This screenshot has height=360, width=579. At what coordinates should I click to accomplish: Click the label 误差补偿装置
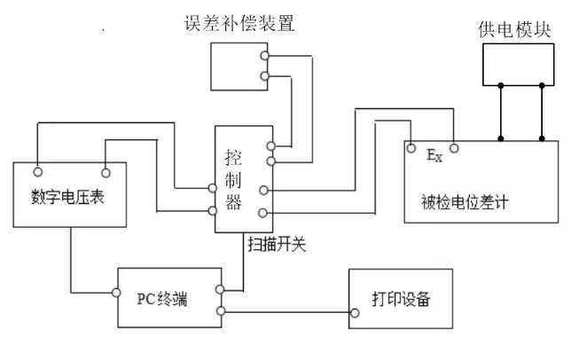coord(239,23)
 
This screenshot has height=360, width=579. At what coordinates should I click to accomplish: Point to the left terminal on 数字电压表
coord(38,170)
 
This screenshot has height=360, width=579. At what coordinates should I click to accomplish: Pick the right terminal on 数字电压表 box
coord(105,170)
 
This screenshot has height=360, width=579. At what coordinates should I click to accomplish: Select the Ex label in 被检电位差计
coord(434,157)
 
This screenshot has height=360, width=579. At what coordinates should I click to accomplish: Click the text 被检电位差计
coord(466,201)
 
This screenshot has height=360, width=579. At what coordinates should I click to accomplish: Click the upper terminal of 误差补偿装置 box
coord(264,57)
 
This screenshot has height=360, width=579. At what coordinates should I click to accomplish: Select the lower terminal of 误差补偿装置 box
coord(264,77)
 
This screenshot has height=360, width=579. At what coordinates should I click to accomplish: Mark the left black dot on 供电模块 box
coord(501,85)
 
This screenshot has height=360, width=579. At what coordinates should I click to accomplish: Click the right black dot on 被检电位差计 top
coord(543,139)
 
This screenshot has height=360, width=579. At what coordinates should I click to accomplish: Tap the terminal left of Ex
coord(412,148)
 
